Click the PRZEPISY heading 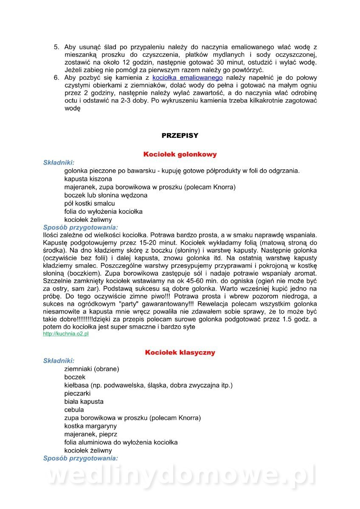[x=180, y=136]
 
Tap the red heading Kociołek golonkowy [x=180, y=154]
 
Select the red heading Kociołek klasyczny [x=180, y=352]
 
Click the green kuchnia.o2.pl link [x=66, y=334]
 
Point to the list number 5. [x=56, y=47]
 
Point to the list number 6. [x=56, y=78]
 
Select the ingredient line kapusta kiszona [x=88, y=179]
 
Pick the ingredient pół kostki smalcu [x=90, y=204]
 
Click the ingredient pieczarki [x=77, y=394]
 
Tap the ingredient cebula [x=74, y=410]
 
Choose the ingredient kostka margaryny [x=90, y=426]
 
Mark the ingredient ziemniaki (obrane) [x=92, y=369]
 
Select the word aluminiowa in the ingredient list [x=97, y=442]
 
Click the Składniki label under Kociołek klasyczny [x=59, y=361]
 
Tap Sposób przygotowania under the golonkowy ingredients [x=81, y=227]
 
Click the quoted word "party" [x=130, y=305]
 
